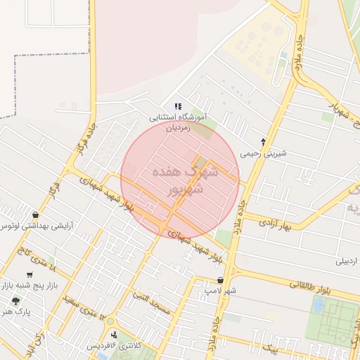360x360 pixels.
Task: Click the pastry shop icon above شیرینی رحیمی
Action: pos(264,142)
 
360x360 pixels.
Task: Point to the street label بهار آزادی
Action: pos(275,224)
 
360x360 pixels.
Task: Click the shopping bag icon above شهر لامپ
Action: pos(220,280)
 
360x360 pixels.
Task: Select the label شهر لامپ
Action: pos(220,290)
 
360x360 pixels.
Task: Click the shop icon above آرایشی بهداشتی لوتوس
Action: pos(35,214)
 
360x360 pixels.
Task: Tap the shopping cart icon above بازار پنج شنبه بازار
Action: pos(30,275)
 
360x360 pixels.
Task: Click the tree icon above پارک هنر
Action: pos(15,301)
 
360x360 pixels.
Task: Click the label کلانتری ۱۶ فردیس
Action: pos(114,346)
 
